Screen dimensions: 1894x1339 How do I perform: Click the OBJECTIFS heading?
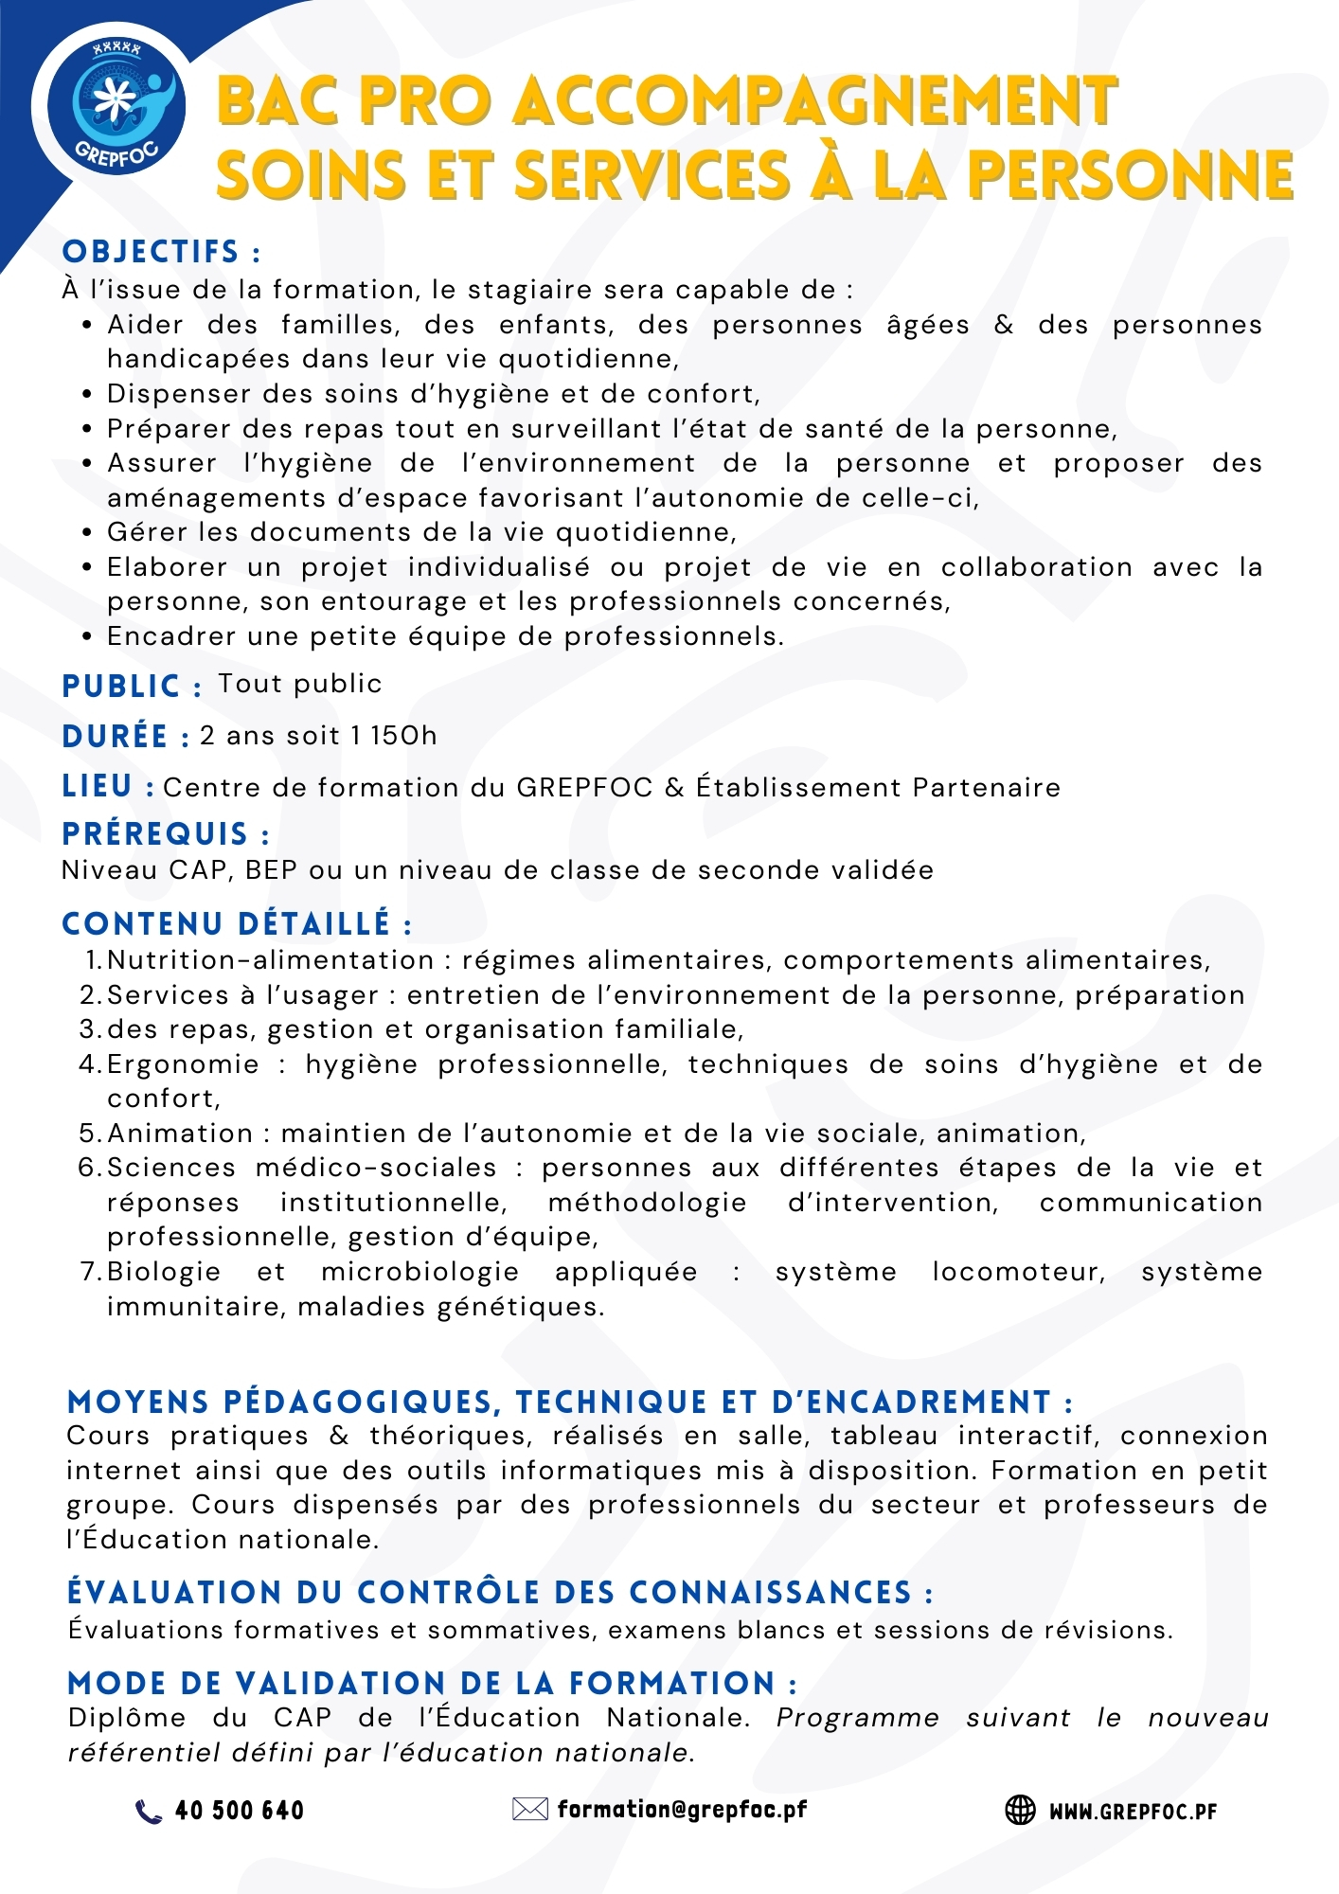click(x=160, y=252)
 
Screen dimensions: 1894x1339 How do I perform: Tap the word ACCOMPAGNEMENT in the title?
click(x=815, y=101)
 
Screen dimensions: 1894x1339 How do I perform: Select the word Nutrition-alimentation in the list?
click(x=271, y=960)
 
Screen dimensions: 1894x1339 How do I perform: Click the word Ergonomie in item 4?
click(x=183, y=1064)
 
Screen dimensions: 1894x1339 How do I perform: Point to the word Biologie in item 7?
click(x=164, y=1272)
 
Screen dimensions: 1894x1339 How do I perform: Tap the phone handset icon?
click(x=149, y=1811)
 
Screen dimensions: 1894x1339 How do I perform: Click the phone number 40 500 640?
click(x=240, y=1811)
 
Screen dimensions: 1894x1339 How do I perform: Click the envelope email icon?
click(x=529, y=1810)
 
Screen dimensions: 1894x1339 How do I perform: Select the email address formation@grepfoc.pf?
click(x=682, y=1810)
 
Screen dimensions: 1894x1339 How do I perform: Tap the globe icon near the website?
click(x=1020, y=1810)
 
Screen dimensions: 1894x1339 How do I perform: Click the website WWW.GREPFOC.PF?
click(x=1133, y=1812)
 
